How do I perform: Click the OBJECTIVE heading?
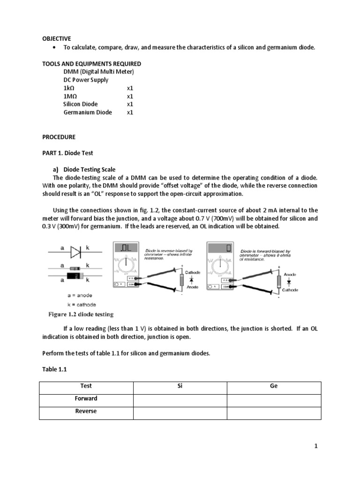coord(57,38)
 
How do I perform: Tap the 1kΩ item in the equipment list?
coord(69,88)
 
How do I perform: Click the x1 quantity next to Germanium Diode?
coord(130,112)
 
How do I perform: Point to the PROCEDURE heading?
coord(59,137)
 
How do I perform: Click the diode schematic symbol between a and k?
coord(76,252)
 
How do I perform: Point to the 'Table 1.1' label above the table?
coord(55,369)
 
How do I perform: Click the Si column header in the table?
coord(180,386)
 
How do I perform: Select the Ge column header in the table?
coord(274,386)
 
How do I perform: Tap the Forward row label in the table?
coord(86,398)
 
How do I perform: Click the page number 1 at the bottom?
coord(316,447)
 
